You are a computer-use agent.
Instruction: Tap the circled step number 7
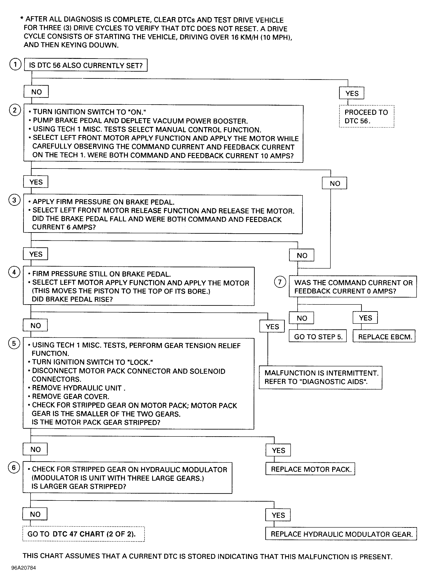point(280,282)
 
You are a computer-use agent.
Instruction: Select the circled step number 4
point(14,272)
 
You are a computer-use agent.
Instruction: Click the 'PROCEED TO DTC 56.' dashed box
point(367,116)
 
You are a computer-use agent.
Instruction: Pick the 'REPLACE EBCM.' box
point(384,336)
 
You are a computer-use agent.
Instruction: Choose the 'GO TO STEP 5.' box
point(317,336)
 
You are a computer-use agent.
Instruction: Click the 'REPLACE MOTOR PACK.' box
point(310,469)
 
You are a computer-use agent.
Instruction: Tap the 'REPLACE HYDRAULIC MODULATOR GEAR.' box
point(341,534)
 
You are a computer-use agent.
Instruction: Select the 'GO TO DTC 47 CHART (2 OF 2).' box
point(84,534)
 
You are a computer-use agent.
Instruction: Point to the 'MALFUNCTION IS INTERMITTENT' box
point(320,377)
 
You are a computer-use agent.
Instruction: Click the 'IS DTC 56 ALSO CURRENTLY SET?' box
point(85,65)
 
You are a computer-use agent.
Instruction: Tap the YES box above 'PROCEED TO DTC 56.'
point(352,93)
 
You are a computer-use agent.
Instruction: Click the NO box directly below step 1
point(36,92)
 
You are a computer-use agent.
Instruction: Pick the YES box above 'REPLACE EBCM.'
point(365,317)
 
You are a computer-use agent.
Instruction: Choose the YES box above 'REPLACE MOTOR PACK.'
point(278,450)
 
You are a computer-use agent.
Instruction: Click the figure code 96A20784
point(24,568)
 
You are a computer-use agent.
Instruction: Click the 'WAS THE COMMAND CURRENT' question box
point(353,287)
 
